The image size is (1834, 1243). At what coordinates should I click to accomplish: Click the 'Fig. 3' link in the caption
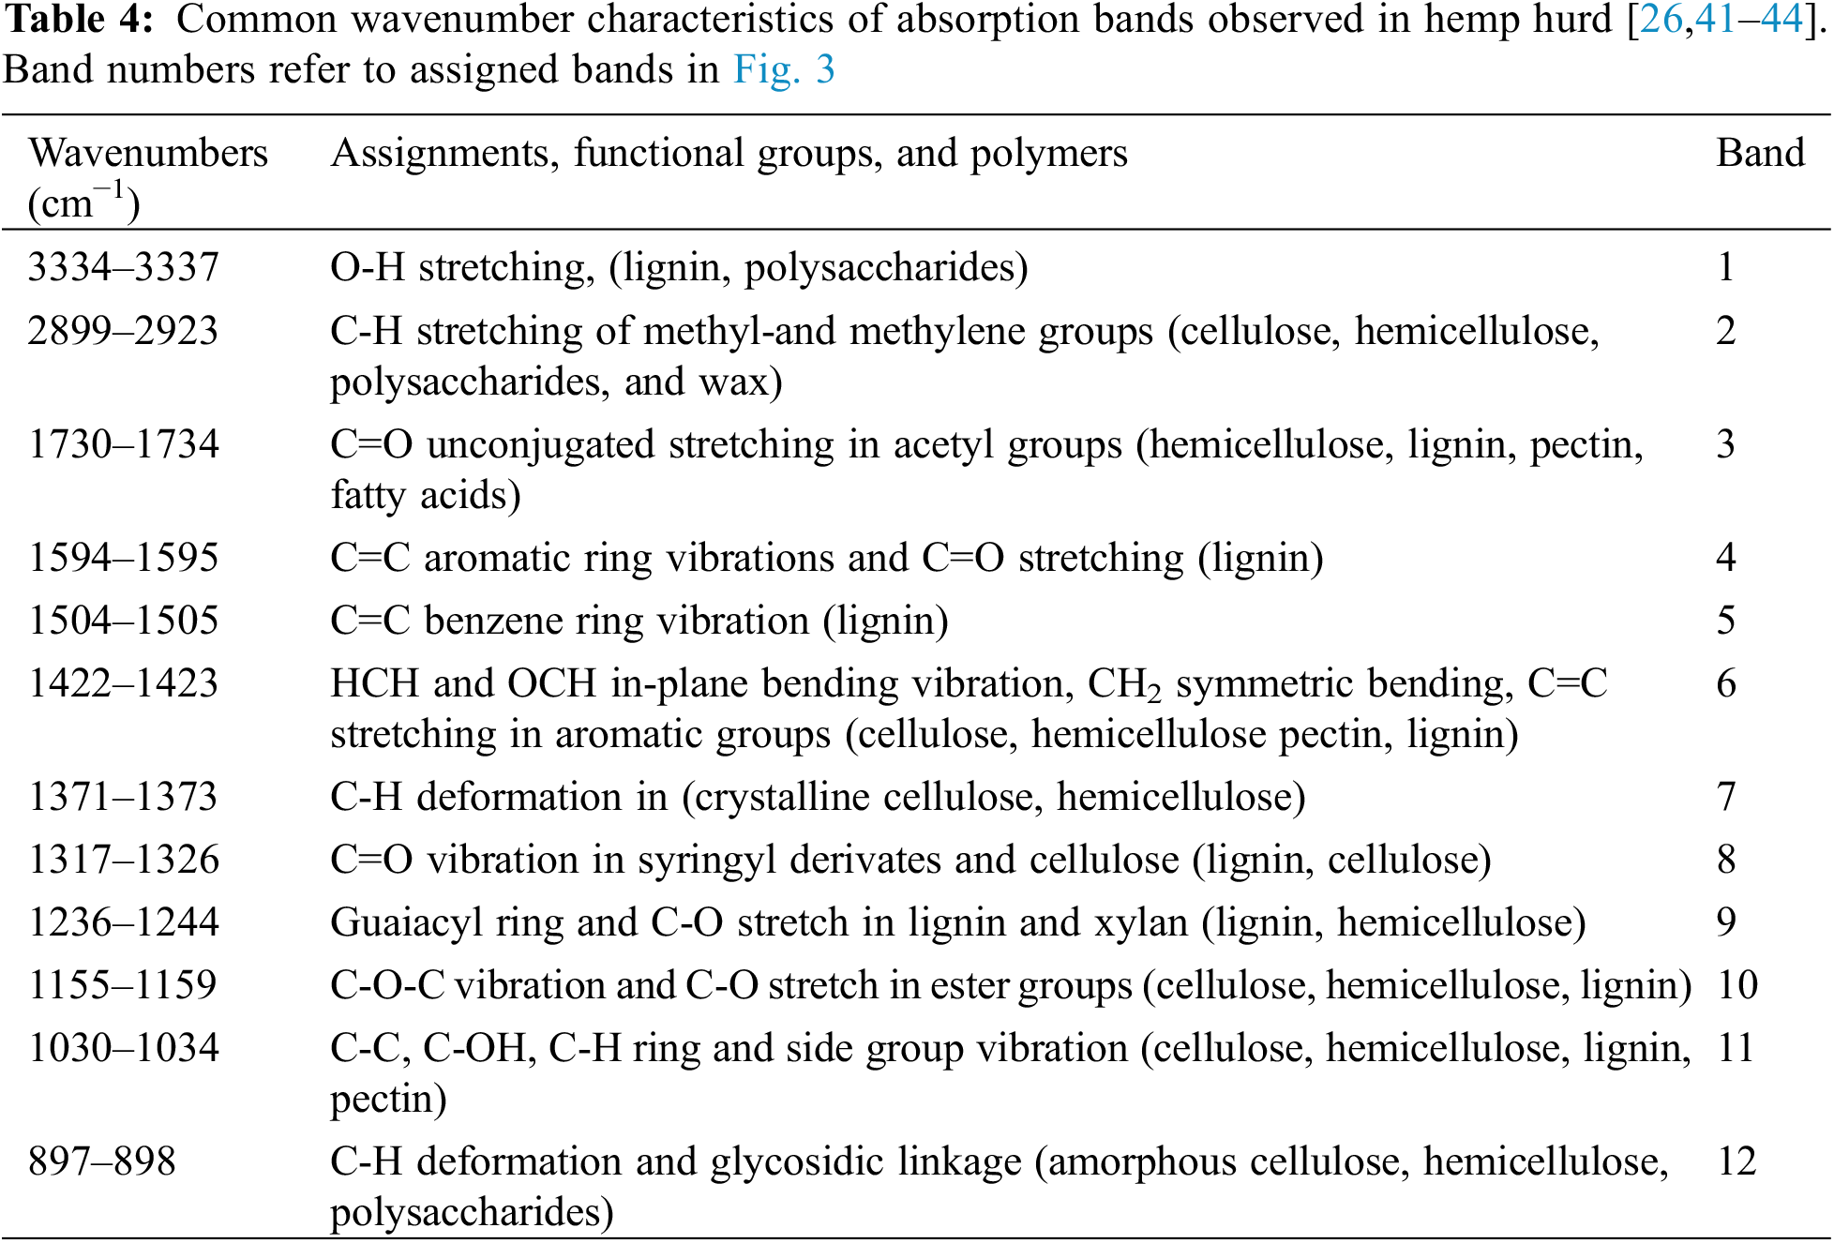[x=784, y=70]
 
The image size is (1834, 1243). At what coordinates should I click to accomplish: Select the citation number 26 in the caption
[x=1661, y=20]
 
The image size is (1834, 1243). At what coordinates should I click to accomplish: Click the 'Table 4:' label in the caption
[x=78, y=20]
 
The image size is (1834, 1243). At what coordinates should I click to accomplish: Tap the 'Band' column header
[x=1760, y=154]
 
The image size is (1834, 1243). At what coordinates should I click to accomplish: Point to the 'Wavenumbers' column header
[x=148, y=154]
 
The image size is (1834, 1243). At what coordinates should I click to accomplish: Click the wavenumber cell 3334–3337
[x=123, y=268]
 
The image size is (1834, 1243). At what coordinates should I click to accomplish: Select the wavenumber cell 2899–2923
[x=123, y=331]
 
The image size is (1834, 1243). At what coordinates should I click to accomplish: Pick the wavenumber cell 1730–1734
[x=123, y=444]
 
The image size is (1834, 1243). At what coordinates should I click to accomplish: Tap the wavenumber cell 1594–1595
[x=123, y=558]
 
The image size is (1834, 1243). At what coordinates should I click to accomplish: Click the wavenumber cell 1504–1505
[x=123, y=621]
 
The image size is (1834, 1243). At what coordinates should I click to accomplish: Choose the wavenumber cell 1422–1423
[x=123, y=683]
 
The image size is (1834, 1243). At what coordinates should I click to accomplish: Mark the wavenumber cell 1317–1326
[x=123, y=860]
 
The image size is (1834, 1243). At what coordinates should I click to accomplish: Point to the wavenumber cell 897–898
[x=101, y=1162]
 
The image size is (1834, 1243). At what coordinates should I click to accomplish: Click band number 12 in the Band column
[x=1736, y=1162]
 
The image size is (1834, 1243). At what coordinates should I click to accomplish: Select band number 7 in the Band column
[x=1726, y=798]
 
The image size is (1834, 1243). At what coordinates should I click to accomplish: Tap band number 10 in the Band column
[x=1736, y=985]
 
